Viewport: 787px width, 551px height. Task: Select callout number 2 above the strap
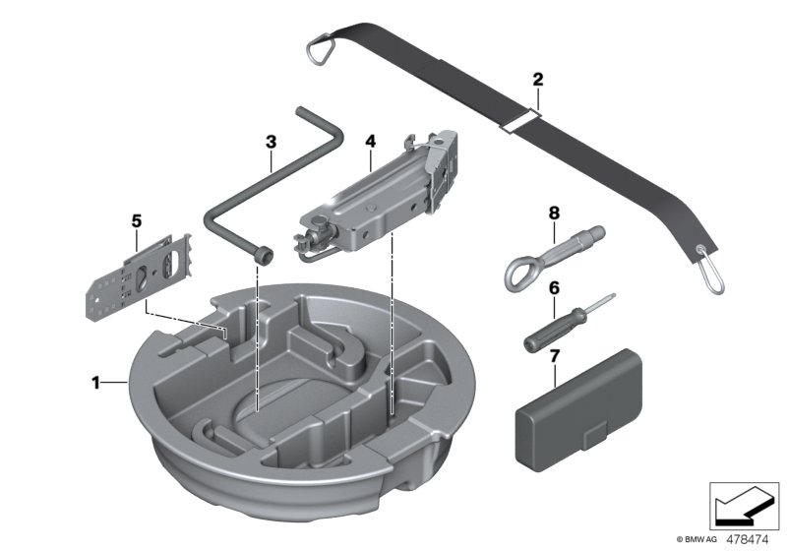pos(537,79)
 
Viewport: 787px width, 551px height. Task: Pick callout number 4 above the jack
pos(370,142)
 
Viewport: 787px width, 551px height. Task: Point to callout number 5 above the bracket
pos(137,221)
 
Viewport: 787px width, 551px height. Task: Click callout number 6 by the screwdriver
pos(554,288)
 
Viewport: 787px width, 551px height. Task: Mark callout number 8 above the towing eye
pos(554,212)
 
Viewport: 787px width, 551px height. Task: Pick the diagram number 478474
pos(750,538)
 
